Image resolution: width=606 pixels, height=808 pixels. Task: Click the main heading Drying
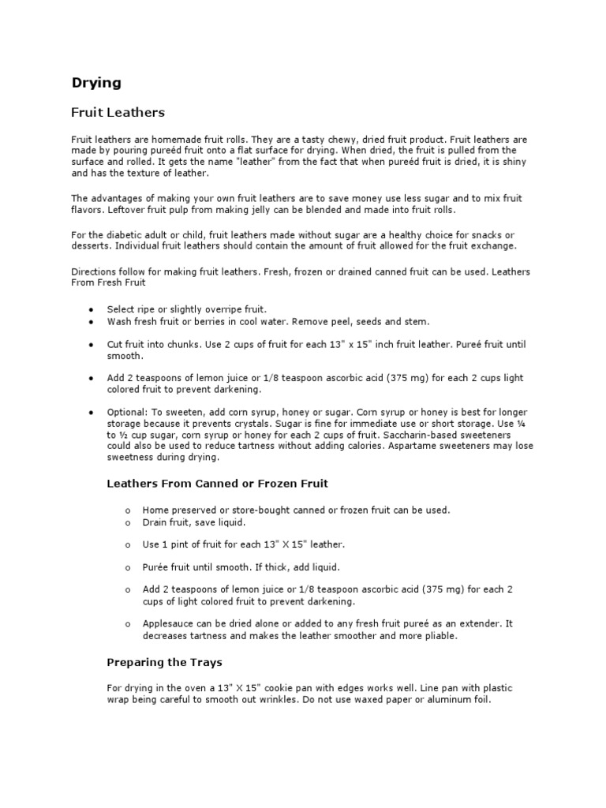tap(95, 82)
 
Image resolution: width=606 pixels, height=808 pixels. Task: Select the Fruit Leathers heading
tap(118, 113)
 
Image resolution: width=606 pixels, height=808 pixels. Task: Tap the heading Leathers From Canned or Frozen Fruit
tap(217, 483)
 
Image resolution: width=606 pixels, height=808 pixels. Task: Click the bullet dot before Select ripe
tap(93, 310)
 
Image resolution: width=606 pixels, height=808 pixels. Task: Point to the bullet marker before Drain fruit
tap(127, 522)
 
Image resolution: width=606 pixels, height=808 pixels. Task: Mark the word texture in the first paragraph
tap(152, 172)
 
